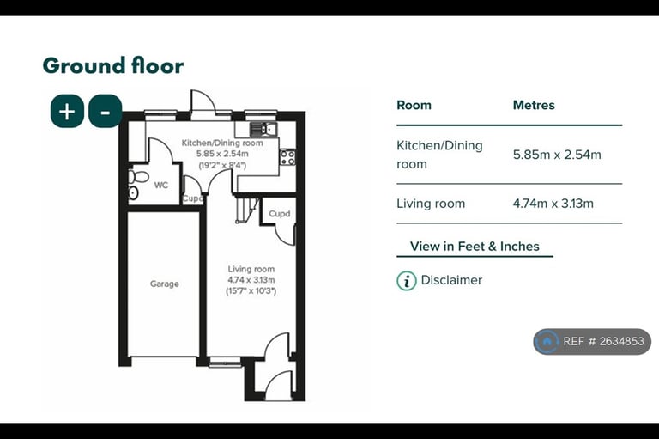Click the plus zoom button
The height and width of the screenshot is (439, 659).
click(x=67, y=112)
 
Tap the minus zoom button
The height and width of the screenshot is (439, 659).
click(x=105, y=112)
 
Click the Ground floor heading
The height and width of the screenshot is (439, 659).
click(x=113, y=65)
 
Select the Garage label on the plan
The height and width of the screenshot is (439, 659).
click(x=165, y=284)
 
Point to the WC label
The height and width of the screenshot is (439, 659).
click(x=161, y=186)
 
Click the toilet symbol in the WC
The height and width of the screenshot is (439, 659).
click(x=139, y=176)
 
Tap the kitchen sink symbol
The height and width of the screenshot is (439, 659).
click(x=263, y=129)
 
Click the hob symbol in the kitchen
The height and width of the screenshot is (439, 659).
click(x=288, y=157)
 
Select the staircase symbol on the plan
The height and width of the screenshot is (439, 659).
click(x=247, y=210)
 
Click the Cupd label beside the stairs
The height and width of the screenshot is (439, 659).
click(x=280, y=214)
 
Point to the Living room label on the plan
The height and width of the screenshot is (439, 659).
click(x=251, y=269)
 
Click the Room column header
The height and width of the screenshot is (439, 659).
click(x=414, y=105)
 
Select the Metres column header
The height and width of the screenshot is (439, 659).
click(x=534, y=105)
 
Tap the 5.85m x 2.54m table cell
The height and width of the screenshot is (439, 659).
click(x=557, y=155)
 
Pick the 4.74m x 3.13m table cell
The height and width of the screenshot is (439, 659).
click(x=553, y=204)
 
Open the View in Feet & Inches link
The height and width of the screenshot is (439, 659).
click(x=475, y=247)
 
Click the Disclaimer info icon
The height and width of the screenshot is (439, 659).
click(x=407, y=281)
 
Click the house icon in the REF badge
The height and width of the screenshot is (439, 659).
click(x=547, y=341)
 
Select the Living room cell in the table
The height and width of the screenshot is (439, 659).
click(x=431, y=204)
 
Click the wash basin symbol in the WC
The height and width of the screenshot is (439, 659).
click(x=133, y=193)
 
